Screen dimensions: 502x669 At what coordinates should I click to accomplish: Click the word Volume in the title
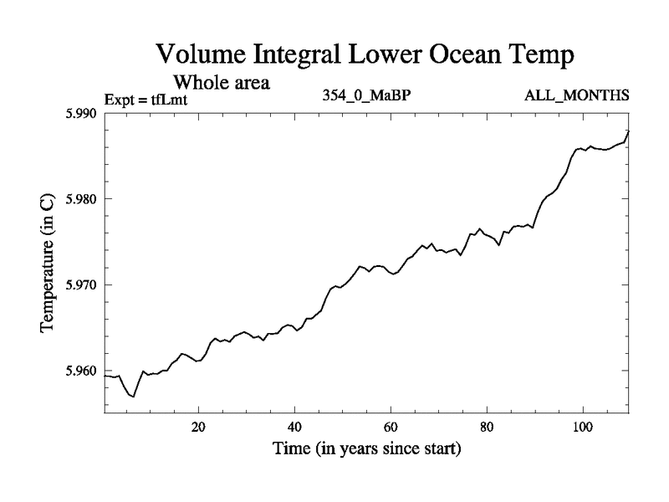(203, 56)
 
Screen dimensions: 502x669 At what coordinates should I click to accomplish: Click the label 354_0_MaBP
(366, 95)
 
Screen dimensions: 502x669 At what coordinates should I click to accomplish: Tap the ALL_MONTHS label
(577, 95)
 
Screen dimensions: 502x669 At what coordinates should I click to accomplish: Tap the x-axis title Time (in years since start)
(366, 448)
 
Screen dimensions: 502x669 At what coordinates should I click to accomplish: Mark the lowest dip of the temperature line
(134, 396)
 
